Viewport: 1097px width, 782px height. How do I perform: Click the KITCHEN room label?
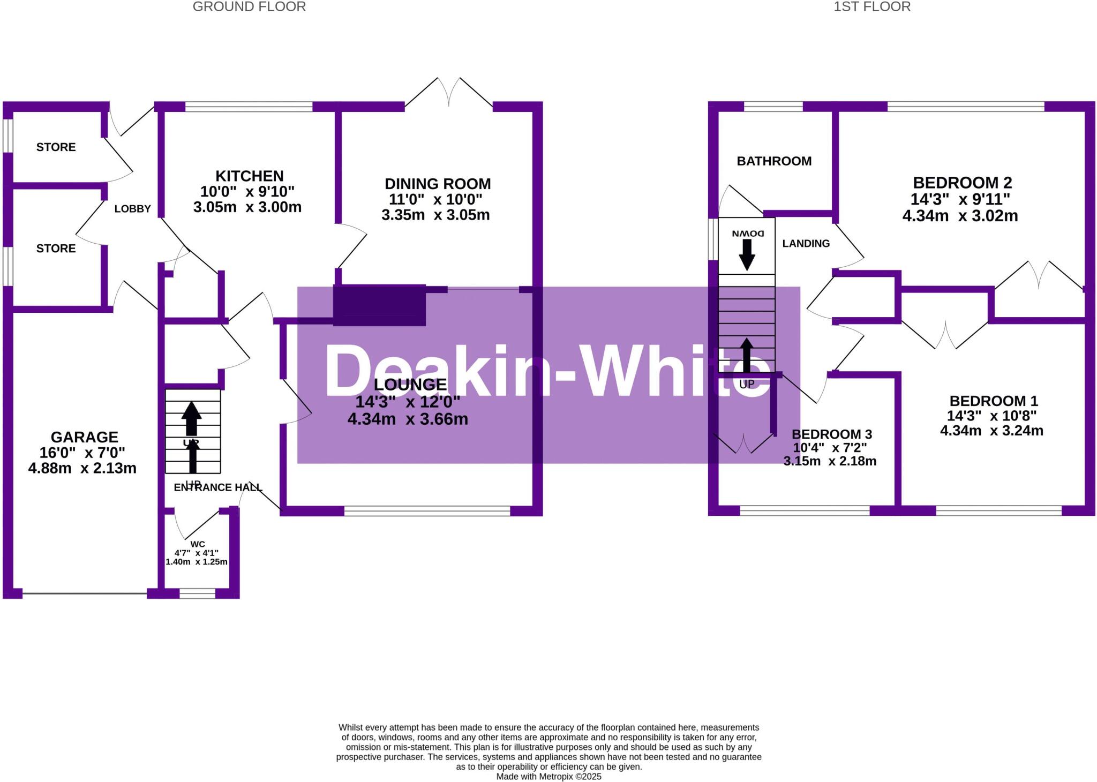click(x=249, y=176)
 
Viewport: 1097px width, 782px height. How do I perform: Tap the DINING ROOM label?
click(x=438, y=184)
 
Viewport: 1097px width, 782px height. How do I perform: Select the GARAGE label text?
click(x=84, y=437)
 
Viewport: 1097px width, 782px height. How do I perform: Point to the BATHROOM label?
click(x=774, y=161)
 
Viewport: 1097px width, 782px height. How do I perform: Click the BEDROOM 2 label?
click(x=963, y=183)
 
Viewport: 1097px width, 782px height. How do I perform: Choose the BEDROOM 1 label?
click(x=994, y=401)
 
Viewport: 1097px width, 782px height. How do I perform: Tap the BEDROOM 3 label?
click(x=832, y=434)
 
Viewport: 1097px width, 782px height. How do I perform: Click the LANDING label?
click(x=806, y=244)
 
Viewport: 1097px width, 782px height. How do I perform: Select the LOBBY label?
click(x=132, y=209)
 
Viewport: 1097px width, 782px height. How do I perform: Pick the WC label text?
click(x=198, y=544)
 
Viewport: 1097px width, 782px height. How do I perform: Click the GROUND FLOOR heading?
click(x=249, y=7)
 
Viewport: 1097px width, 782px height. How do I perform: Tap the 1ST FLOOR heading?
click(x=872, y=7)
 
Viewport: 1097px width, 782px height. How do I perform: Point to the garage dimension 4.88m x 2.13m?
click(x=82, y=468)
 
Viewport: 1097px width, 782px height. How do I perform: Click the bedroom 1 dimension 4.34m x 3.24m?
click(x=991, y=431)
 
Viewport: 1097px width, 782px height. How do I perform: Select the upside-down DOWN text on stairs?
click(x=747, y=234)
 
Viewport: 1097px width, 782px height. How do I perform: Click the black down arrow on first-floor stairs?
click(x=747, y=254)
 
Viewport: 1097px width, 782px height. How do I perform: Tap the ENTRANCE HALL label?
click(x=218, y=487)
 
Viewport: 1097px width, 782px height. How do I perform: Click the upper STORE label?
click(x=56, y=147)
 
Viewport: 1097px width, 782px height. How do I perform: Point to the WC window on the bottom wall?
click(x=197, y=593)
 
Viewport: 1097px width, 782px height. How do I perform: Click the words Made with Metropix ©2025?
click(x=548, y=777)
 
